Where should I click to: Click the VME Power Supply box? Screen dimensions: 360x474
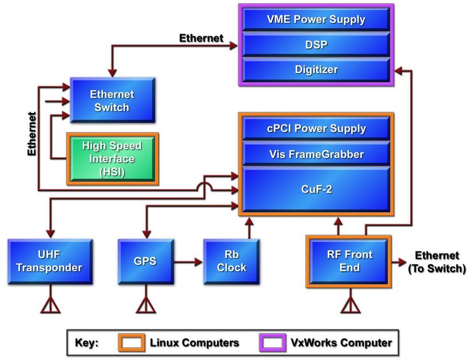click(x=316, y=20)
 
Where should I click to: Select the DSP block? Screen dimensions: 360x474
click(x=316, y=45)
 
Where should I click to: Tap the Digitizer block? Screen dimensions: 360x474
click(x=316, y=70)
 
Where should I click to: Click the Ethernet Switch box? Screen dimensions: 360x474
click(x=112, y=100)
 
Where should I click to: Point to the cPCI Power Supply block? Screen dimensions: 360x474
click(x=316, y=128)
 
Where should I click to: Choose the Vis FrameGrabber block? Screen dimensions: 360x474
click(x=316, y=154)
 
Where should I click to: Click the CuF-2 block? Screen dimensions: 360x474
click(x=316, y=190)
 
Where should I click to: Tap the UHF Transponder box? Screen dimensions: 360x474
click(x=50, y=262)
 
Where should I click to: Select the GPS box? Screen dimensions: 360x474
click(x=145, y=262)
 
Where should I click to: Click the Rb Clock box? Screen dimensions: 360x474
click(x=231, y=262)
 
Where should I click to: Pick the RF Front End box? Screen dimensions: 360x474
click(x=349, y=262)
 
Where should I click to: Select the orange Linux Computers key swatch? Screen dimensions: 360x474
click(x=132, y=343)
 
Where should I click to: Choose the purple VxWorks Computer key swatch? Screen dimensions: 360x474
click(x=273, y=343)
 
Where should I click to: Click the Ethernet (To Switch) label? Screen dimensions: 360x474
click(x=437, y=262)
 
